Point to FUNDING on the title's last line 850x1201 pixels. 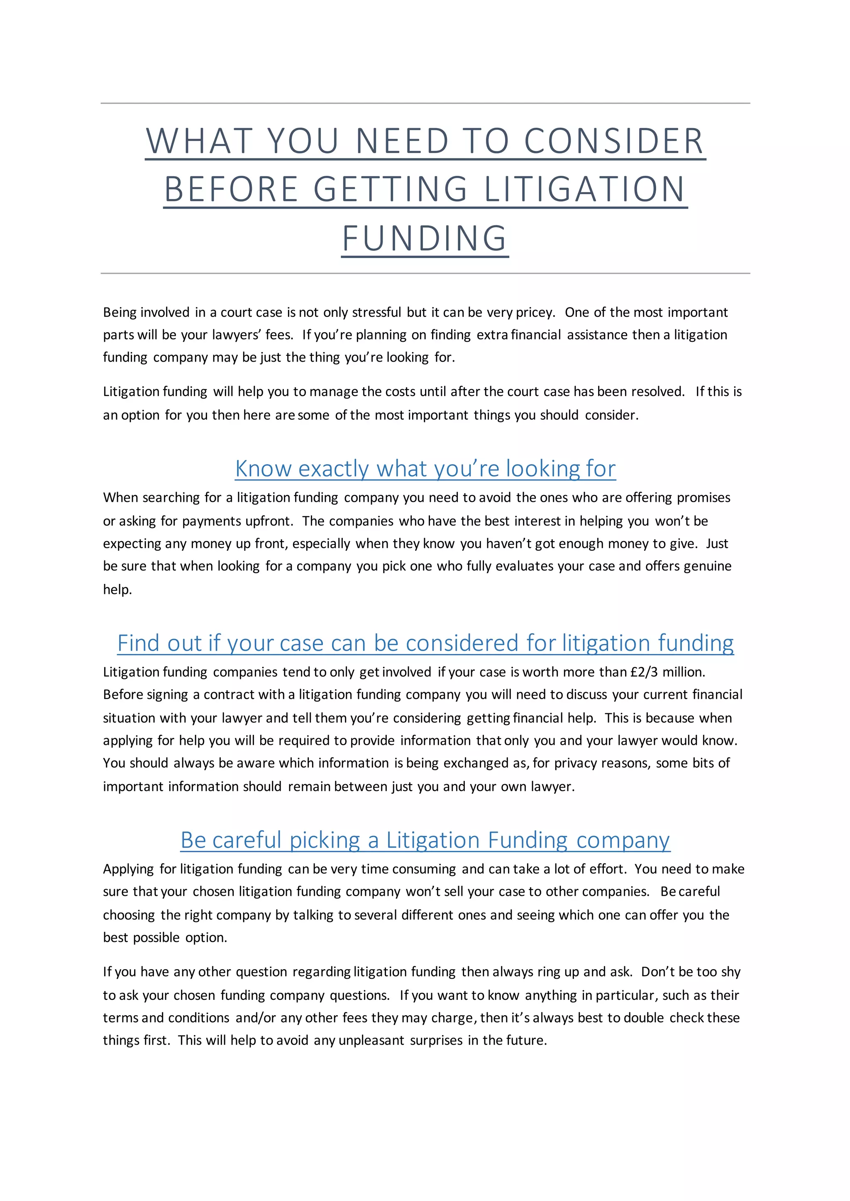pos(425,238)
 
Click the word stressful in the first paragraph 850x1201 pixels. pos(376,312)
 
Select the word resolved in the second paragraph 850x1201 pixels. pos(657,392)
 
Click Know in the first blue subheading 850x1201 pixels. pos(263,469)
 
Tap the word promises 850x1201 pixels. pos(703,498)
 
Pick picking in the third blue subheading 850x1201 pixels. pos(325,840)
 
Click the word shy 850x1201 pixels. pos(730,972)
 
